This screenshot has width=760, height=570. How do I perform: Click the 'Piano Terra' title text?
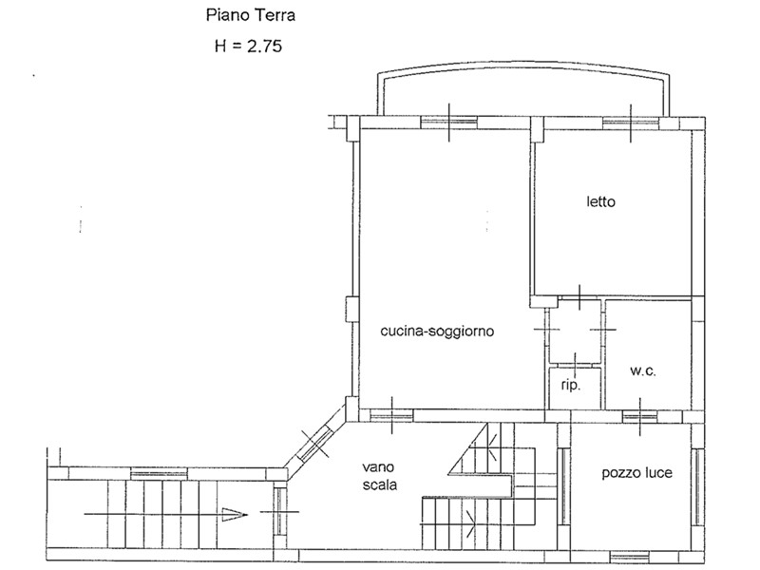(251, 15)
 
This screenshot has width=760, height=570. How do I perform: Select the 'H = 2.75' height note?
(248, 46)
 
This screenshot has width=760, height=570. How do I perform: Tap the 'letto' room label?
(600, 201)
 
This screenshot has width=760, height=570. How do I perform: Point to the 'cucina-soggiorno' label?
(437, 332)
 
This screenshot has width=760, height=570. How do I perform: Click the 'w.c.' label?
(643, 371)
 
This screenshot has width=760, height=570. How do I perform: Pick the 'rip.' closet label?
(571, 386)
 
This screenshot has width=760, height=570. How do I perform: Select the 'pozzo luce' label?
(636, 472)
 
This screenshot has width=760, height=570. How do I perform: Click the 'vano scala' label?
(380, 476)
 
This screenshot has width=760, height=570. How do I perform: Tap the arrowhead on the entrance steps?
(235, 514)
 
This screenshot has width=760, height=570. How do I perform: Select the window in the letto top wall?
(631, 123)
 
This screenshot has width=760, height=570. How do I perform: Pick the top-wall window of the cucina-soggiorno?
(448, 123)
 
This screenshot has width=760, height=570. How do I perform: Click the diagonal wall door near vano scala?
(315, 443)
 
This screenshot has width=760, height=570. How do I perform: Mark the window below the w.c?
(639, 416)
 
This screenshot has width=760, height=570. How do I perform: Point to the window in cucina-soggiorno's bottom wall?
(391, 415)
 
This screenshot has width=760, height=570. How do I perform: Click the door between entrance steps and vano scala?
(279, 511)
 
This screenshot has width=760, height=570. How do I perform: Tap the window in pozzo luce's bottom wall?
(629, 557)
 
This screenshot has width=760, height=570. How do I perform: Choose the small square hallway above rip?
(575, 331)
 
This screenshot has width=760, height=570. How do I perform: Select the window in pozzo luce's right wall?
(697, 487)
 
